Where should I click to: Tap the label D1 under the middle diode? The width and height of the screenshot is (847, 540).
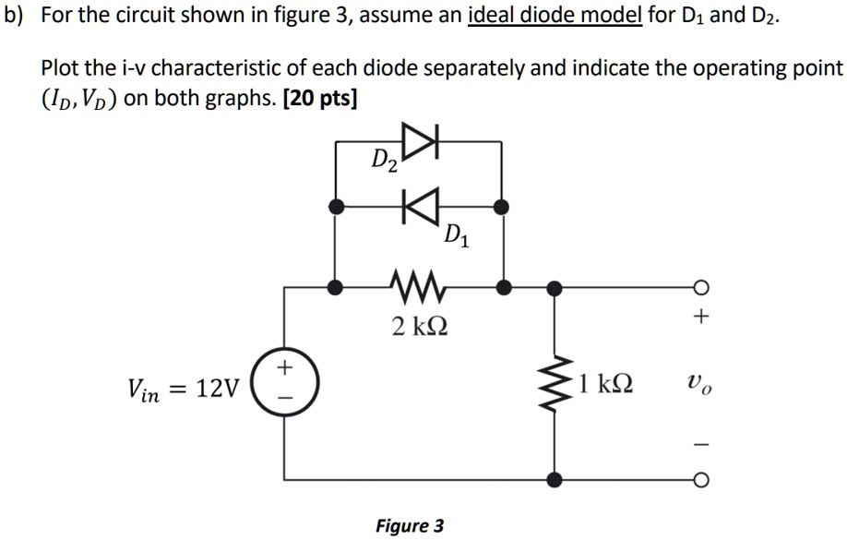[455, 236]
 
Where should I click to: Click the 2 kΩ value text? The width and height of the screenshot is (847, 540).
[420, 326]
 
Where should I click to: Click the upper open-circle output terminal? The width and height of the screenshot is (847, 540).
[700, 287]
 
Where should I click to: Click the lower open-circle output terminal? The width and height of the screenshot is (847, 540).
[700, 480]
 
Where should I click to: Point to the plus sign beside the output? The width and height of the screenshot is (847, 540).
[700, 318]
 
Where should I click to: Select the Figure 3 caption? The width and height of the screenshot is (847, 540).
[410, 526]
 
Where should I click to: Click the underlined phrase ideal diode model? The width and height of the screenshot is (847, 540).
[555, 18]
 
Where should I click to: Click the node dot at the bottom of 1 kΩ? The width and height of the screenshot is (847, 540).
[554, 480]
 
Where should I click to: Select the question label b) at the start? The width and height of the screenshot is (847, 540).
[14, 18]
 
